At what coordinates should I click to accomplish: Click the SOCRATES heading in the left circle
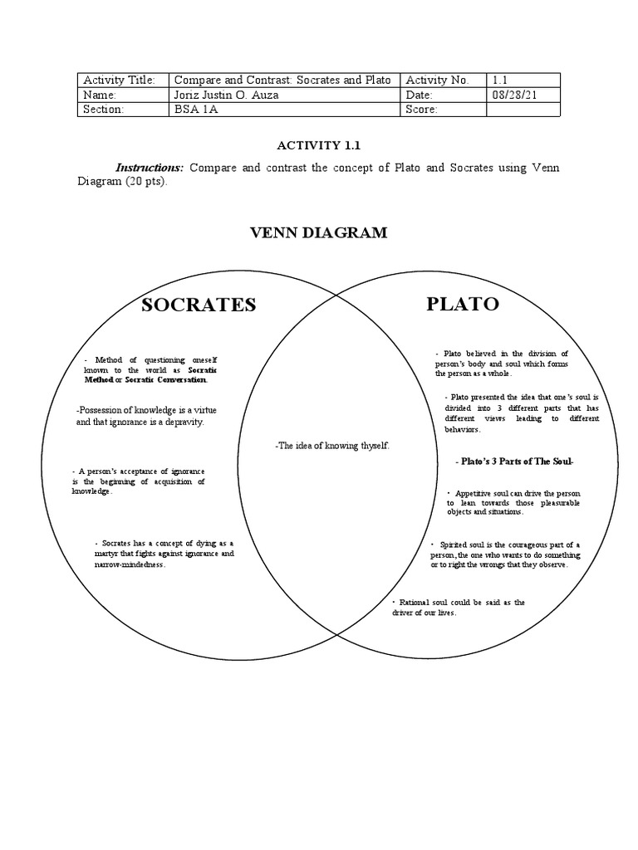tap(199, 305)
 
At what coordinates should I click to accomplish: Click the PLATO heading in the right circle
tap(463, 304)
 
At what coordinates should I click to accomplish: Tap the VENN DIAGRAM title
tap(319, 232)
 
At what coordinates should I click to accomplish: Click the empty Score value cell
tap(523, 110)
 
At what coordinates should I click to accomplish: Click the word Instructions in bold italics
tap(150, 168)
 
